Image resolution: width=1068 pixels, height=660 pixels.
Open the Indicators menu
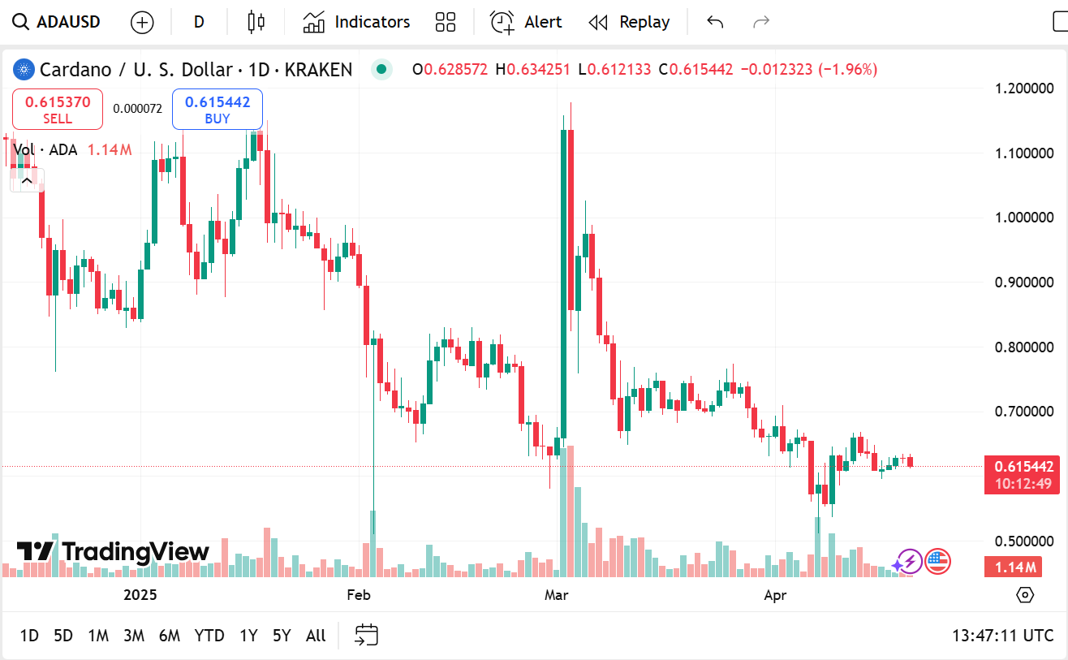click(357, 22)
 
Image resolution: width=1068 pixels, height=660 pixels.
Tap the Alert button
click(527, 22)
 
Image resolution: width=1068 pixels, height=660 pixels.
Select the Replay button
click(630, 22)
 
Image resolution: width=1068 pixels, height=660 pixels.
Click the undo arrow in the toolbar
click(715, 22)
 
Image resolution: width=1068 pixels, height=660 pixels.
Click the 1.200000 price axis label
click(1024, 88)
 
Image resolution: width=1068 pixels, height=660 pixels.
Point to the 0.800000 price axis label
click(1024, 347)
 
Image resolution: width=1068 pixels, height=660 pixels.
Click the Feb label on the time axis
click(358, 595)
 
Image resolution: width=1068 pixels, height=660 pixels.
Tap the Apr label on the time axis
click(775, 595)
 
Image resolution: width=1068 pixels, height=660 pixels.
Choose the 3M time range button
click(134, 636)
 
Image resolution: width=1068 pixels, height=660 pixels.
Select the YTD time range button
click(209, 636)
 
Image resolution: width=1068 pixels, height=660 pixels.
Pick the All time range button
click(316, 636)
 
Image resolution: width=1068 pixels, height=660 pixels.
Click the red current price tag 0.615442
click(1021, 467)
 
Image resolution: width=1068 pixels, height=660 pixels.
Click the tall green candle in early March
click(562, 284)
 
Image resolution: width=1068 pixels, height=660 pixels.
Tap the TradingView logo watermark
click(114, 552)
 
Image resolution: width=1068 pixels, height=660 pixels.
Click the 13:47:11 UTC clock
click(1003, 636)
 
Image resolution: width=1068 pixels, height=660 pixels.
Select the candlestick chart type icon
click(256, 22)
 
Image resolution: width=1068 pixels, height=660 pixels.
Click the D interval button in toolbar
click(199, 22)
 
